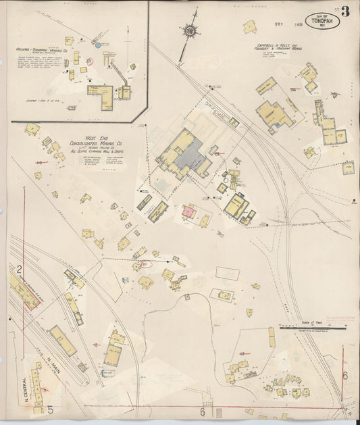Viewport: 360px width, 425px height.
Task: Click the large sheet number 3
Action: pyautogui.click(x=346, y=11)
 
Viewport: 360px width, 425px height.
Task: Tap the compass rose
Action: pyautogui.click(x=190, y=30)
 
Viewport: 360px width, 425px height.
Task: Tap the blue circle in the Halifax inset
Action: pyautogui.click(x=98, y=45)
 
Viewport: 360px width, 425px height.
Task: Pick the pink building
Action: pyautogui.click(x=189, y=211)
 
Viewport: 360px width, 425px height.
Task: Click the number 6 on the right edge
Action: pyautogui.click(x=344, y=376)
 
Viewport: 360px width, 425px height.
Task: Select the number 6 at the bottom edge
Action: pyautogui.click(x=201, y=411)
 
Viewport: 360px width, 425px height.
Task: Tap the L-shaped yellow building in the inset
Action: pyautogui.click(x=101, y=96)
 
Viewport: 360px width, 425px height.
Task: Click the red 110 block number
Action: pyautogui.click(x=38, y=163)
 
